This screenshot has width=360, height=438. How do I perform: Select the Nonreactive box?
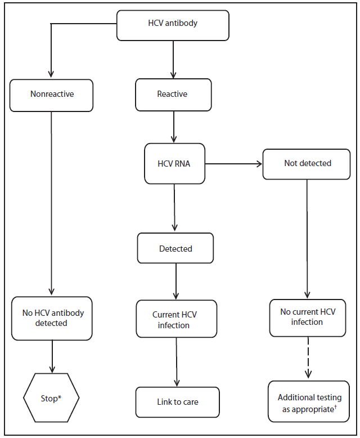52,94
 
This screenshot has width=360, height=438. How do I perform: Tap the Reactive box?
173,94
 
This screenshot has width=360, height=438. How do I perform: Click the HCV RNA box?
174,163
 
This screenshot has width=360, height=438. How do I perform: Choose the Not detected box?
308,163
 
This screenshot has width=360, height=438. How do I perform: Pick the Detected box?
175,248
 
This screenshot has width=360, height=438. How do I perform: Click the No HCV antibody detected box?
52,318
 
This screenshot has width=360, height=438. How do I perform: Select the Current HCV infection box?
175,320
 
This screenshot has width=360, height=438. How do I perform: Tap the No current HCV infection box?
307,317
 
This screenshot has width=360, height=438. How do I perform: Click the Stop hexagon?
51,399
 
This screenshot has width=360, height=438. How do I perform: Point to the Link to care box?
177,402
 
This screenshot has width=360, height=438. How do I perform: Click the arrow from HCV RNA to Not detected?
233,164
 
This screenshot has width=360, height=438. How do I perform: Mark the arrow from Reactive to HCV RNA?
174,127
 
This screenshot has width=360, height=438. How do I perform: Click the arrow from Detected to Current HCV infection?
177,281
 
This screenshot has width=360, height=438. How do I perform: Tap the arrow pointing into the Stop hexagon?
52,356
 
